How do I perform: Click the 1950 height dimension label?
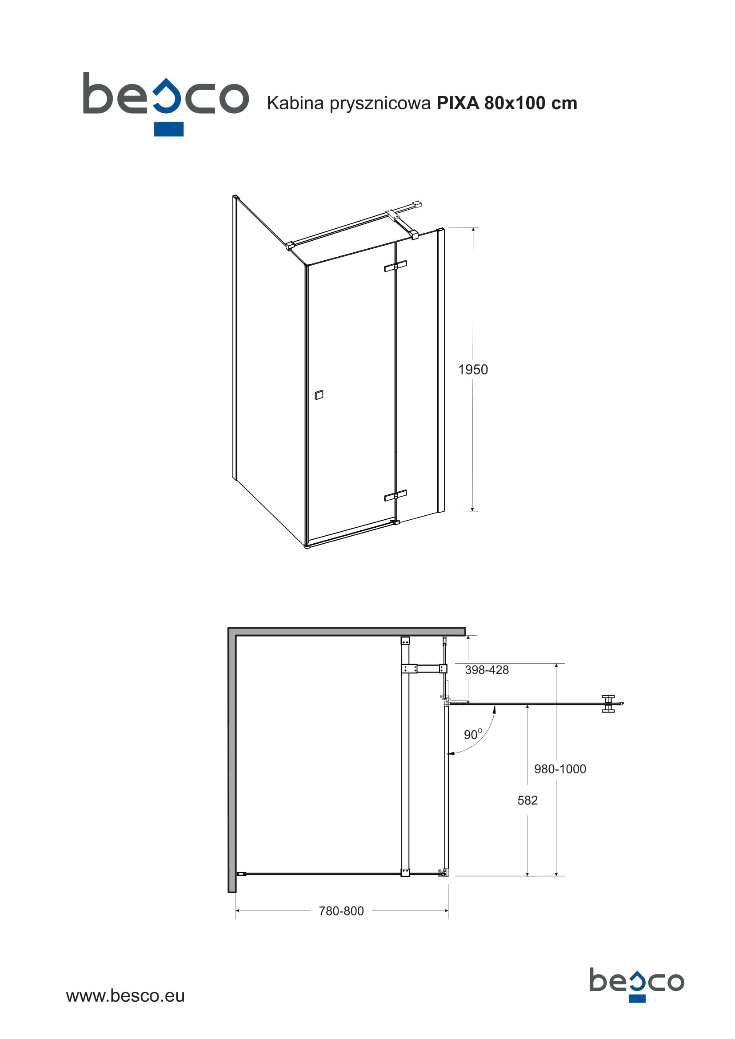point(473,369)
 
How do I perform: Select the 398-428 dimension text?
point(487,670)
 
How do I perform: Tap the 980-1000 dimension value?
point(560,769)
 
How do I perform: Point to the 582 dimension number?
point(527,800)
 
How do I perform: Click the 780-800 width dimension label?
point(341,911)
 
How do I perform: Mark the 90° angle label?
point(473,734)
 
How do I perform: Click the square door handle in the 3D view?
point(319,394)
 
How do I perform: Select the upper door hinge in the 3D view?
point(395,266)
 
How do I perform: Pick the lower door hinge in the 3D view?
point(395,496)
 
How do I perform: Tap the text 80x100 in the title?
point(515,103)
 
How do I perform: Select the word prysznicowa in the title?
point(380,104)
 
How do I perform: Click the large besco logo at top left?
point(166,103)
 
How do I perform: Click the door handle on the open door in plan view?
point(608,704)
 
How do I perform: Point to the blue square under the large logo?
point(169,129)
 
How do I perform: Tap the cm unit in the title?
point(564,104)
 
